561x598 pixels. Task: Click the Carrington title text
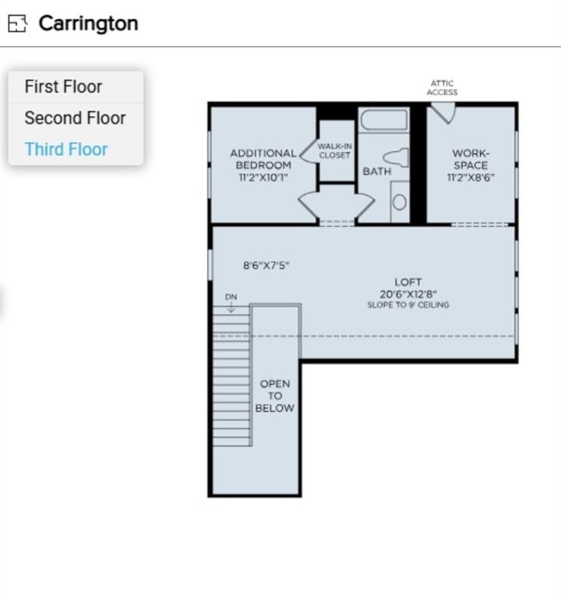pyautogui.click(x=88, y=23)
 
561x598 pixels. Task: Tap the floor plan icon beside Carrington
pyautogui.click(x=18, y=23)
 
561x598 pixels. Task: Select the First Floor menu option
pyautogui.click(x=63, y=86)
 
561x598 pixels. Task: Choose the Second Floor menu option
pyautogui.click(x=75, y=118)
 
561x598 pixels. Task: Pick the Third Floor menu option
pyautogui.click(x=66, y=149)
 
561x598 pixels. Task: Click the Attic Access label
pyautogui.click(x=442, y=88)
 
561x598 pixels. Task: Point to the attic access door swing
pyautogui.click(x=443, y=114)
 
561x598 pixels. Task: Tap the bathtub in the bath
pyautogui.click(x=384, y=121)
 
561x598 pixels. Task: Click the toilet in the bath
pyautogui.click(x=396, y=157)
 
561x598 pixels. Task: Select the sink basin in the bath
pyautogui.click(x=399, y=202)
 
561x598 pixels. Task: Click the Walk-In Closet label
pyautogui.click(x=335, y=150)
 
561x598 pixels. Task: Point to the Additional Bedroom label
pyautogui.click(x=263, y=159)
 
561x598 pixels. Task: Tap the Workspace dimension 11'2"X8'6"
pyautogui.click(x=471, y=178)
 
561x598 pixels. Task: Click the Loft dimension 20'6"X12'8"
pyautogui.click(x=408, y=294)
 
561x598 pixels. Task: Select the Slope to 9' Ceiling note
pyautogui.click(x=408, y=304)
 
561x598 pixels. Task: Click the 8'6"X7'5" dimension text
pyautogui.click(x=266, y=266)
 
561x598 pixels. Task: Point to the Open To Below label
pyautogui.click(x=275, y=396)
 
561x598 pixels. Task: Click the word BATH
pyautogui.click(x=377, y=171)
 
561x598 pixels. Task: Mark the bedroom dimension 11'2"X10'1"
pyautogui.click(x=263, y=178)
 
